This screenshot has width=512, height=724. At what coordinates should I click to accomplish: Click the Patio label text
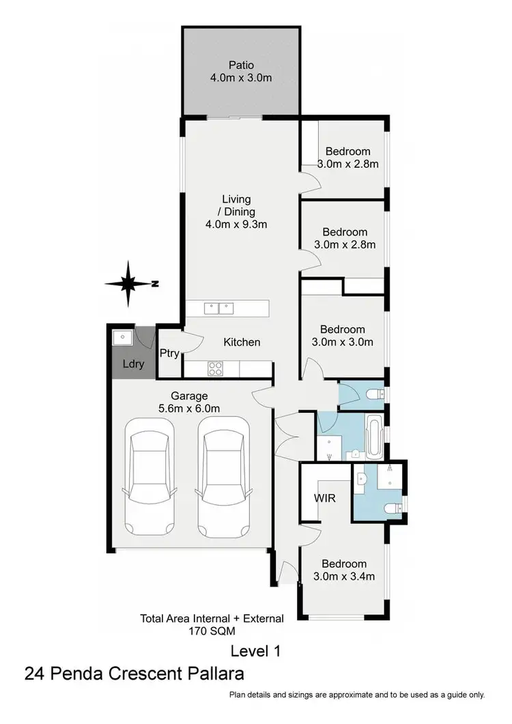[x=240, y=65]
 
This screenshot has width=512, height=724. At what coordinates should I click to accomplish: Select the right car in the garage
[x=223, y=477]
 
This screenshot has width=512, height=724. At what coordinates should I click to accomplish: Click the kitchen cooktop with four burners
[x=216, y=368]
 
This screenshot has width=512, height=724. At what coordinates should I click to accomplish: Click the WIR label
[x=325, y=498]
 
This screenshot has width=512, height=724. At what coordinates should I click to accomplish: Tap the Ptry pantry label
[x=169, y=353]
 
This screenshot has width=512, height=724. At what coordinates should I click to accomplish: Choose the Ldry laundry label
[x=133, y=364]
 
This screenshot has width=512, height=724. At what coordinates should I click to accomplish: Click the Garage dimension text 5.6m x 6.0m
[x=190, y=409]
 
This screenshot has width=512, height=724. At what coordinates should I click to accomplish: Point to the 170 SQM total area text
[x=212, y=631]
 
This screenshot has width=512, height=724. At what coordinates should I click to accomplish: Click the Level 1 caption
[x=255, y=651]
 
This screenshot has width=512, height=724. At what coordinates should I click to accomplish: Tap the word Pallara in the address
[x=210, y=675]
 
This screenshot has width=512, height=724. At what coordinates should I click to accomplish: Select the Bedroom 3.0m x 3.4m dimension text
[x=345, y=577]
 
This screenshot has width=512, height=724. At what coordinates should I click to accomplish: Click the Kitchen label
[x=242, y=342]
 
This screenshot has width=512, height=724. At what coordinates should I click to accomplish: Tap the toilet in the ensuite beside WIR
[x=393, y=508]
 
